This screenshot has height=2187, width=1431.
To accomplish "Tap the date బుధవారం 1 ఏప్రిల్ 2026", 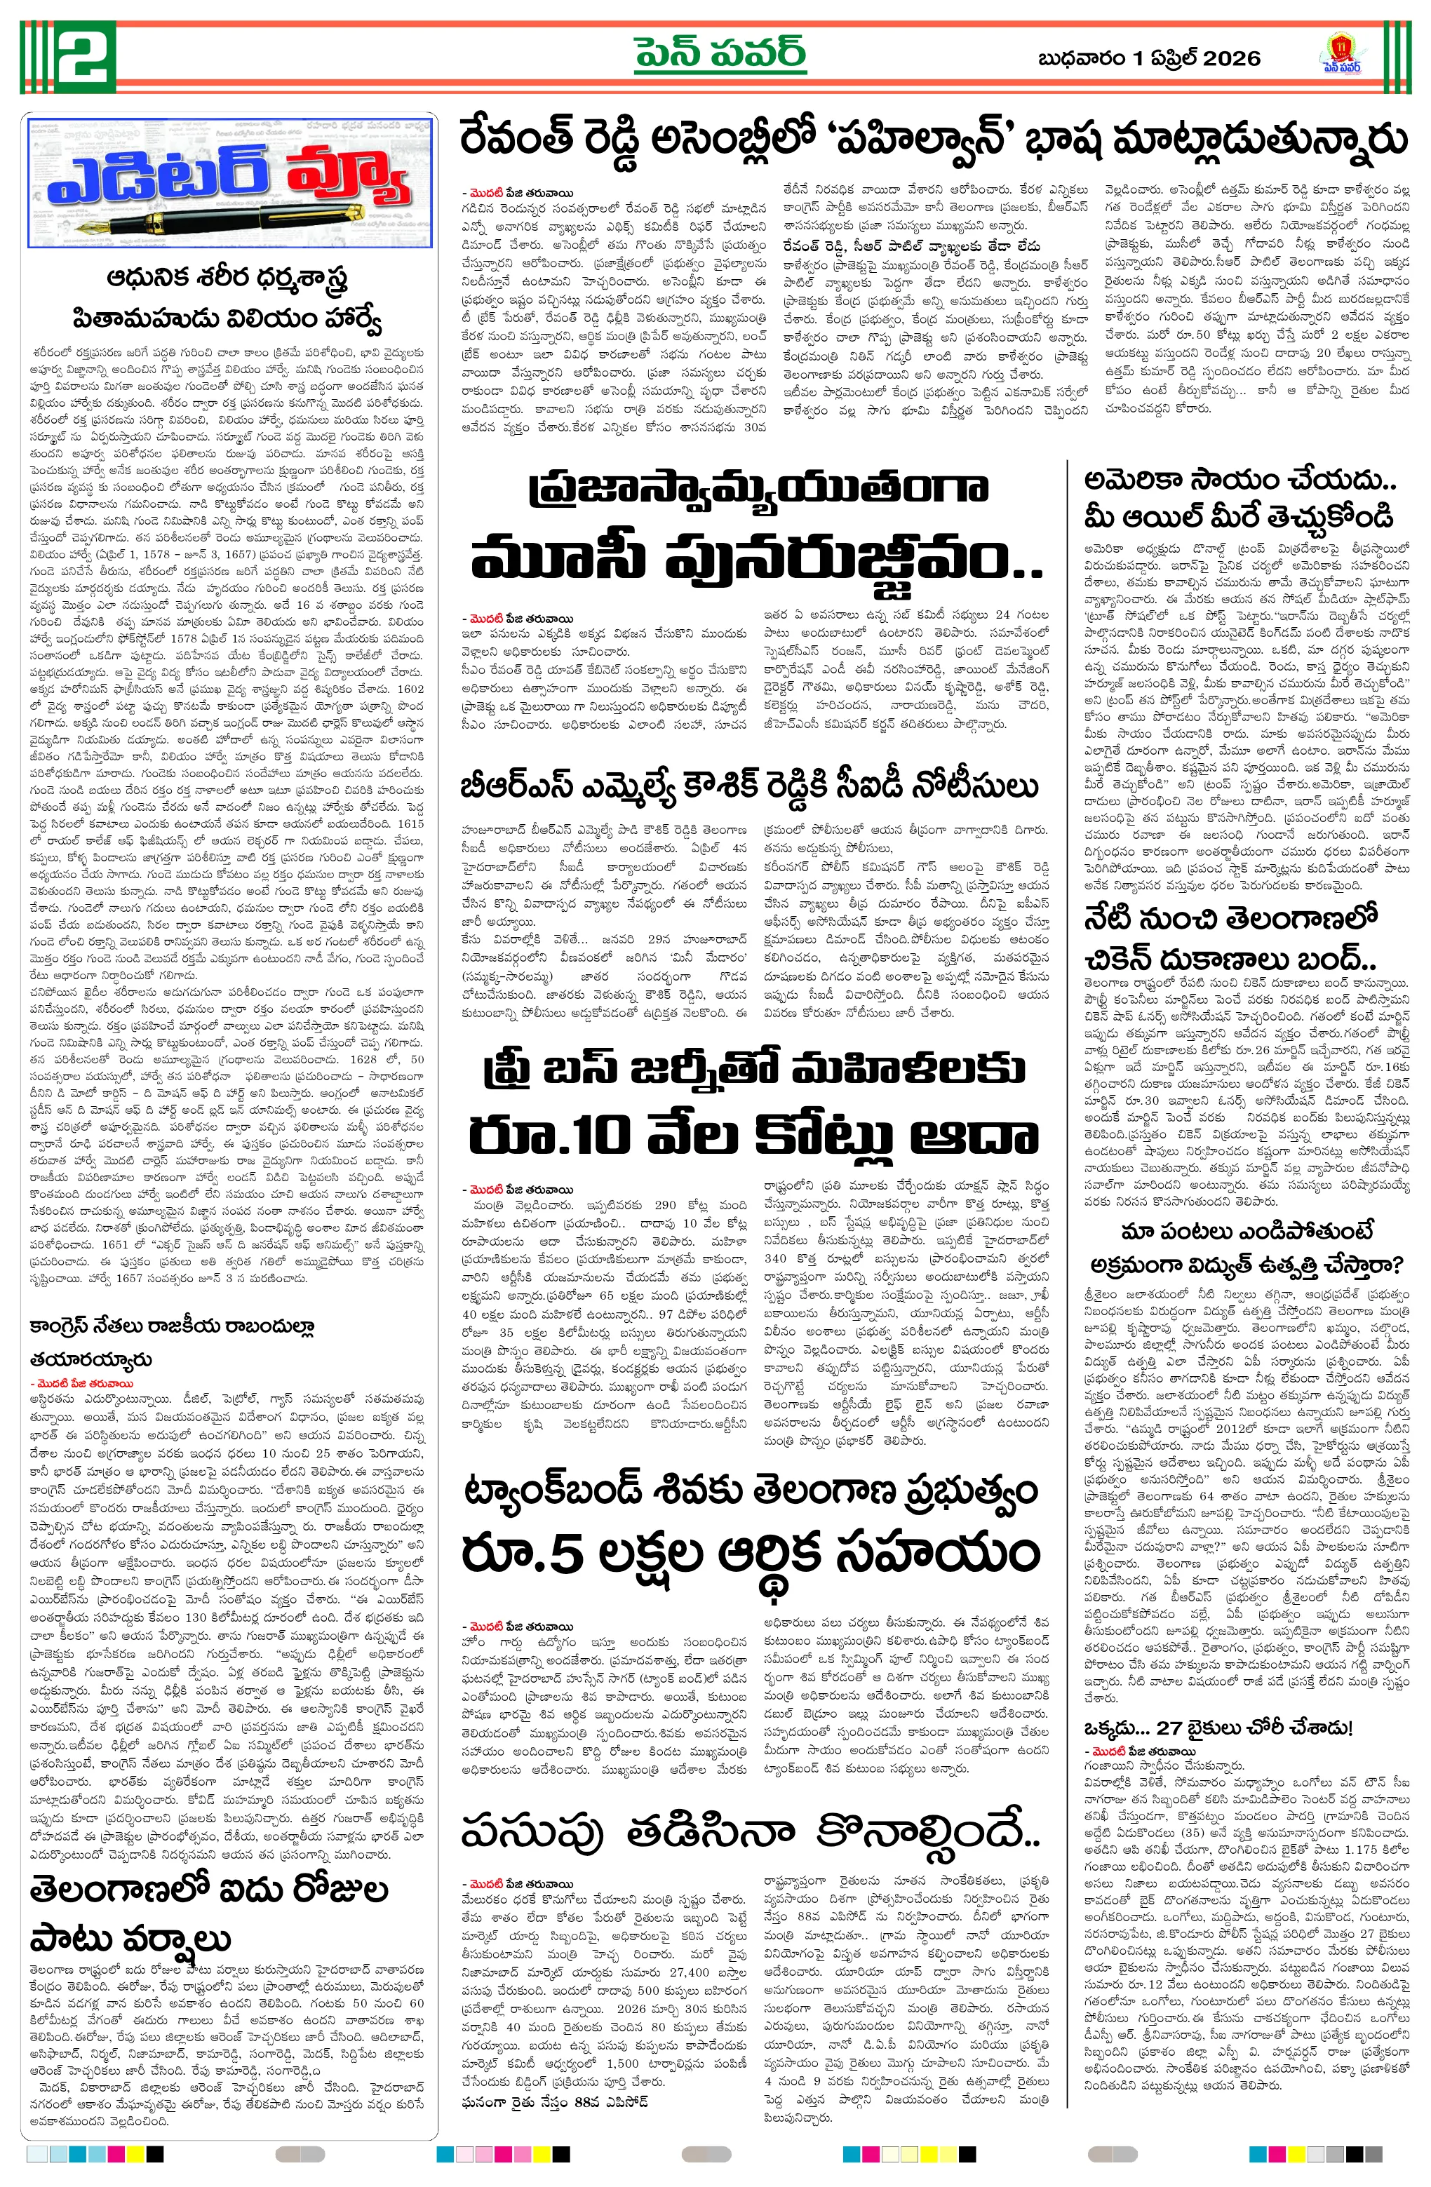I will pos(1148,59).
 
